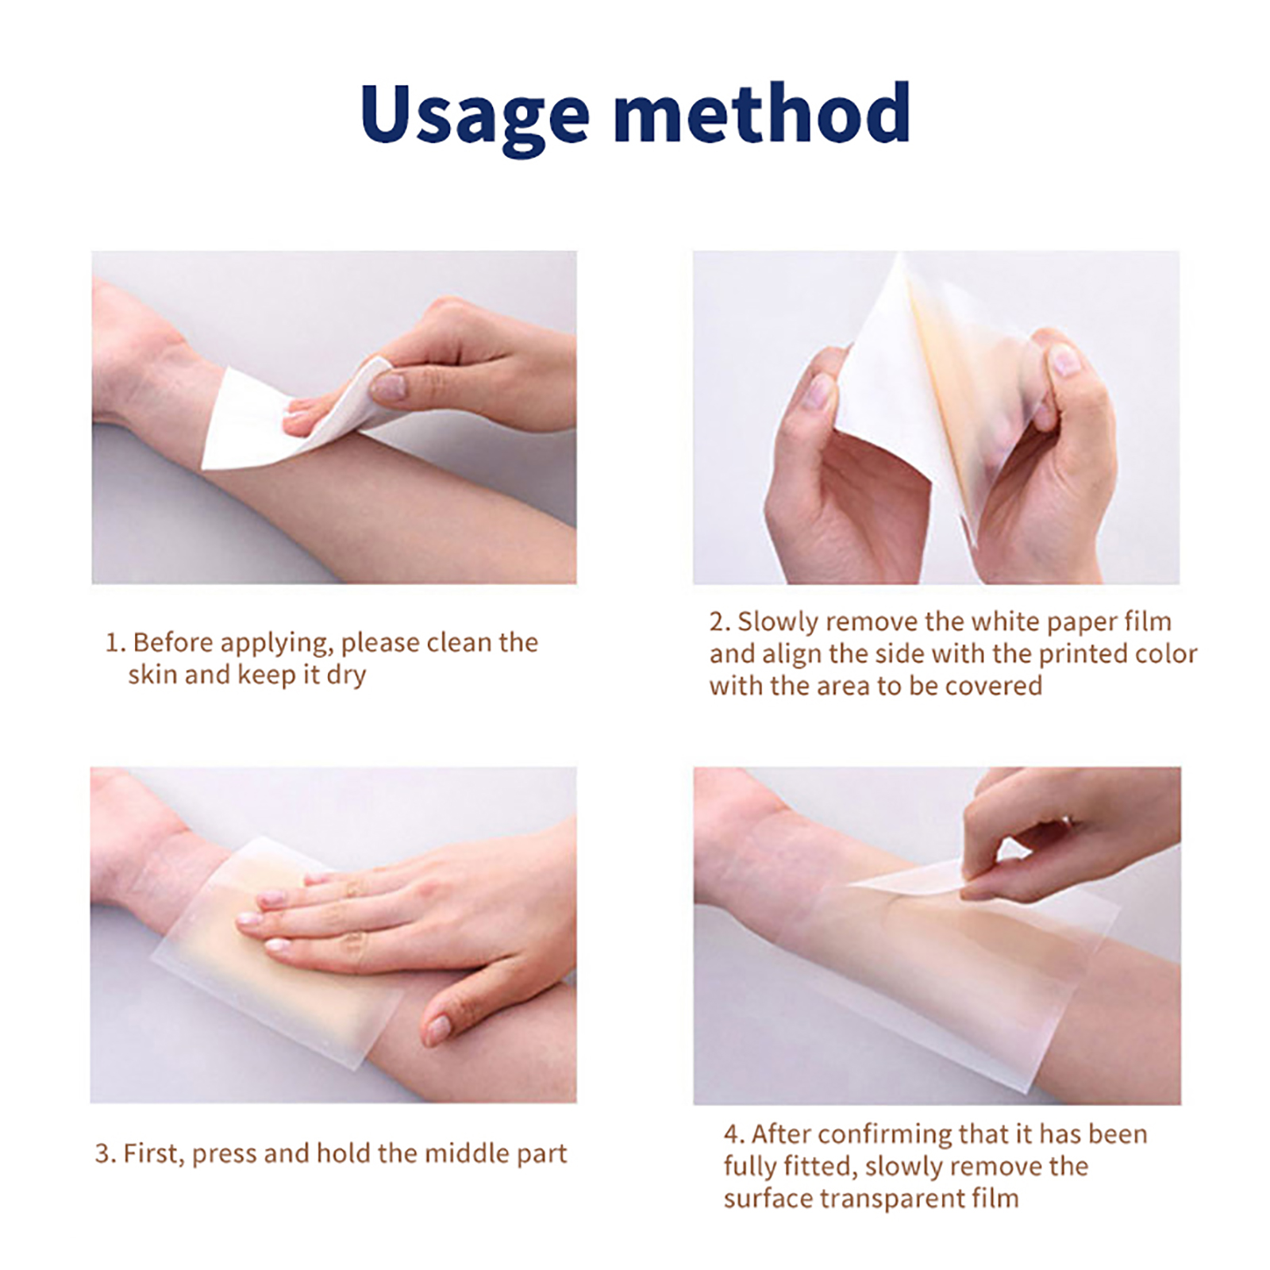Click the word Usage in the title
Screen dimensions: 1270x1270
[x=474, y=115]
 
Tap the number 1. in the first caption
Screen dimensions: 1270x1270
[x=115, y=643]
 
